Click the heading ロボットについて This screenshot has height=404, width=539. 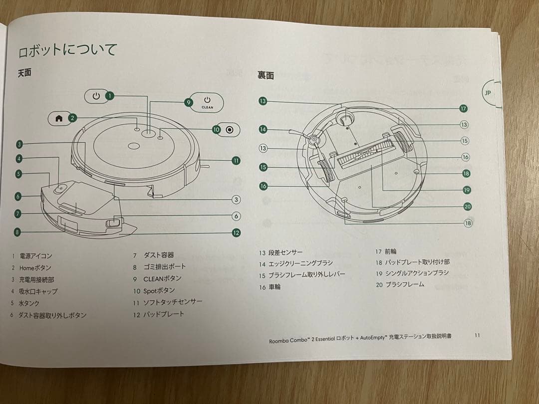pyautogui.click(x=67, y=51)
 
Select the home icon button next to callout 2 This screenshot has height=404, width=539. pyautogui.click(x=58, y=118)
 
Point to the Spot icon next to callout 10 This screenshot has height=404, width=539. pyautogui.click(x=230, y=130)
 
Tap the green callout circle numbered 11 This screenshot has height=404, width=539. pyautogui.click(x=236, y=161)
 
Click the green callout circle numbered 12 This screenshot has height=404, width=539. pyautogui.click(x=236, y=232)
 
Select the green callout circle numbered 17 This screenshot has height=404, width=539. pyautogui.click(x=463, y=109)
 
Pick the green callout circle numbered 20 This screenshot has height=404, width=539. pyautogui.click(x=467, y=206)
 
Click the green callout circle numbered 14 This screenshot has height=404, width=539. pyautogui.click(x=263, y=130)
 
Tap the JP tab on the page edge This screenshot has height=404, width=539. pyautogui.click(x=488, y=93)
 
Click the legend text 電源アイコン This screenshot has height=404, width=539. pyautogui.click(x=35, y=256)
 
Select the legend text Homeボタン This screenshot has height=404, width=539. pyautogui.click(x=35, y=268)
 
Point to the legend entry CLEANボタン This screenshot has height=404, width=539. pyautogui.click(x=162, y=279)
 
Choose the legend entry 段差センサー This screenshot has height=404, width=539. pyautogui.click(x=285, y=252)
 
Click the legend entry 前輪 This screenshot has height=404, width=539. pyautogui.click(x=391, y=252)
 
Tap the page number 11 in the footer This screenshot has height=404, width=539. pyautogui.click(x=477, y=336)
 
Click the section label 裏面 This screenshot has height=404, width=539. pyautogui.click(x=266, y=76)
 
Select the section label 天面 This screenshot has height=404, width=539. pyautogui.click(x=24, y=73)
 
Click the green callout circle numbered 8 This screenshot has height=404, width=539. pyautogui.click(x=18, y=231)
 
